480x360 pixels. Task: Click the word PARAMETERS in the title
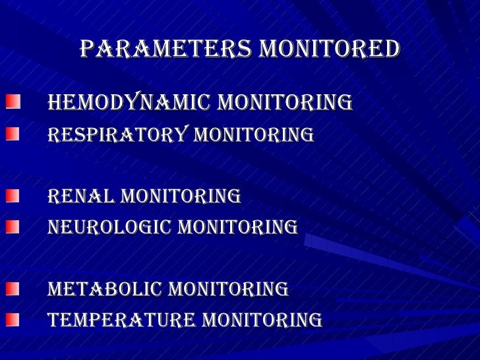(166, 49)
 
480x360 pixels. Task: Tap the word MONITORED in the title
(330, 49)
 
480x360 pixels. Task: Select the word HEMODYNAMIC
(129, 103)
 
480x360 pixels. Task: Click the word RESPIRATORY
(118, 135)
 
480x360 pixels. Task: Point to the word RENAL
(82, 196)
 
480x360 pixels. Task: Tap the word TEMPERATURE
(122, 321)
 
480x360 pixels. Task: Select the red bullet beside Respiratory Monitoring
(13, 134)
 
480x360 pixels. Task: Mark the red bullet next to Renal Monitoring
(13, 196)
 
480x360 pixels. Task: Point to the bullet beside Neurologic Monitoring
(13, 227)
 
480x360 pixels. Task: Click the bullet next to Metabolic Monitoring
(13, 289)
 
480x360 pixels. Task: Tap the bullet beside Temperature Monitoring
(13, 320)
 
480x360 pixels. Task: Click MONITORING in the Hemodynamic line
(285, 103)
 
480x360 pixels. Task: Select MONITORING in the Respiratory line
(253, 135)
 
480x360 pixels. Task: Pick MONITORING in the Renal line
(181, 196)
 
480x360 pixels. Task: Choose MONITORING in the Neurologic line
(239, 227)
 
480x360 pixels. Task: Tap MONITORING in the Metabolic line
(228, 289)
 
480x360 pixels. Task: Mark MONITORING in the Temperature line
(262, 321)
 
